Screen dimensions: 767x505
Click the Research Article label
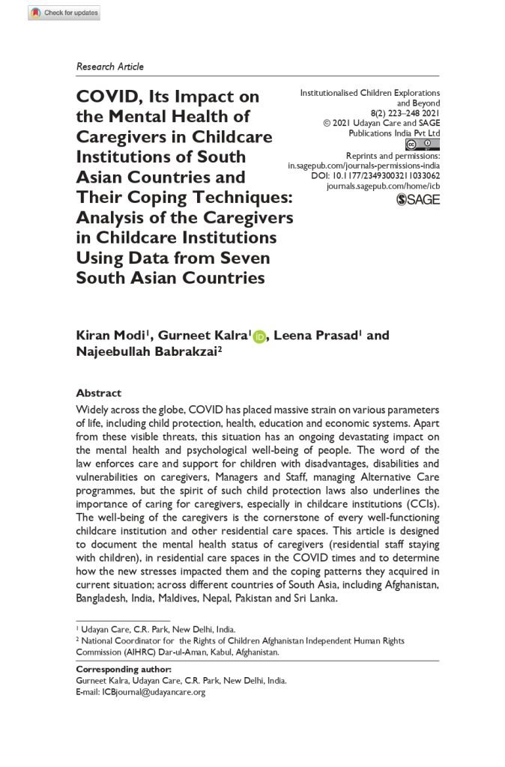(109, 67)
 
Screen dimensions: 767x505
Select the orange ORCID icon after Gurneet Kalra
(260, 336)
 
